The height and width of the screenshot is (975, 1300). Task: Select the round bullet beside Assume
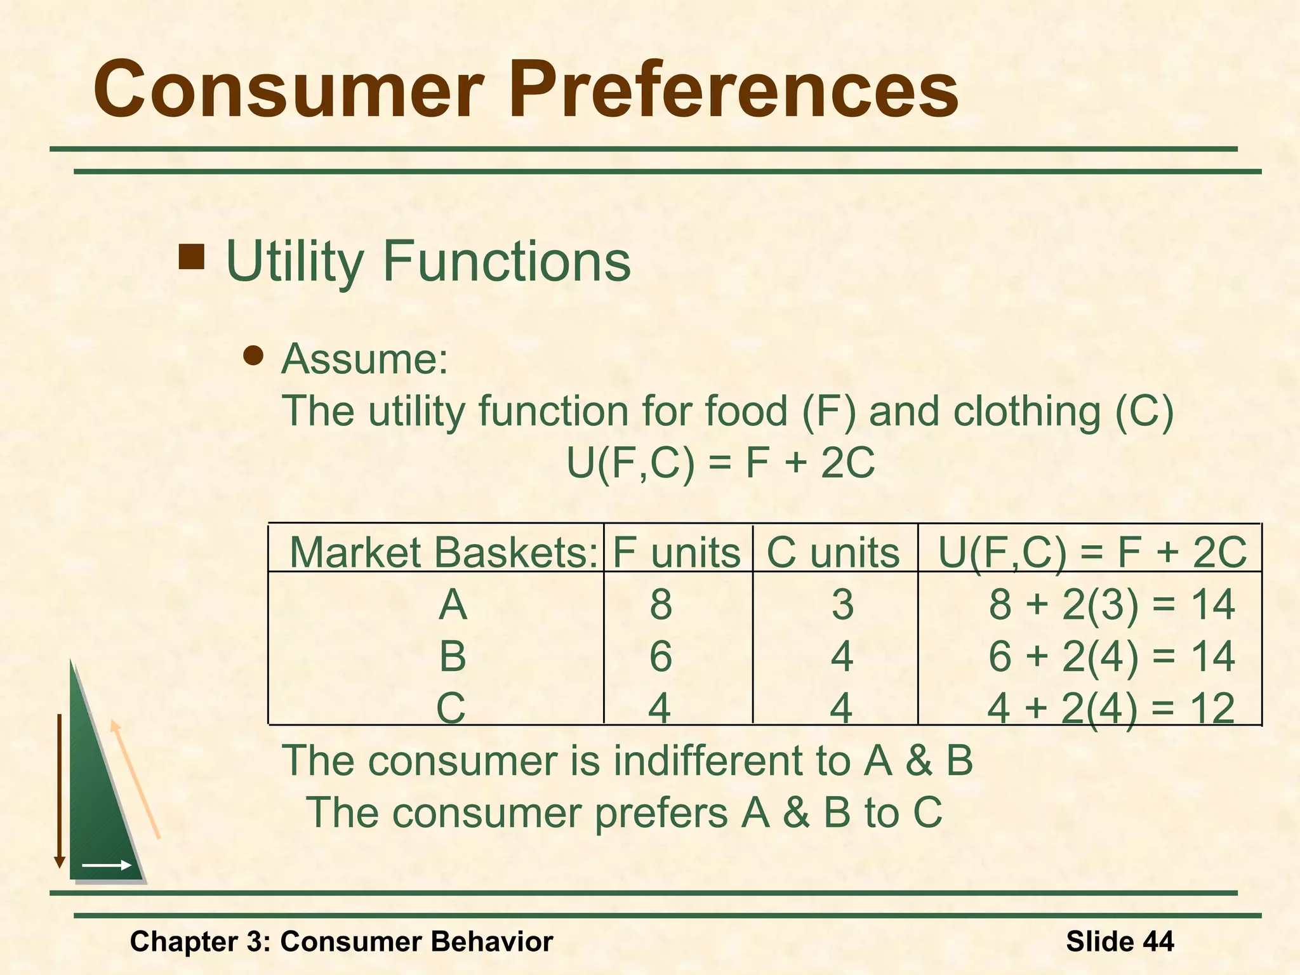[253, 356]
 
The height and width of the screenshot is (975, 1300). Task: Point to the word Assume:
[364, 359]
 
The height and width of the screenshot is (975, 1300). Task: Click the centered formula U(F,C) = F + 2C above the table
[720, 463]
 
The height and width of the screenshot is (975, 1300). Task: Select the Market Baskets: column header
[443, 552]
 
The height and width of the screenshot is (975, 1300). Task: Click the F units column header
[677, 552]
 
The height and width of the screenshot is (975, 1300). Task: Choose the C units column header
[833, 552]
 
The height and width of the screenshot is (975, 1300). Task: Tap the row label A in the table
[453, 604]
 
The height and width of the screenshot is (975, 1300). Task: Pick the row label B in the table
[453, 656]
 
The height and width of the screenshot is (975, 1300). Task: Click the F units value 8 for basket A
[661, 604]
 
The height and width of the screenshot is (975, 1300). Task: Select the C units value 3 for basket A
[842, 604]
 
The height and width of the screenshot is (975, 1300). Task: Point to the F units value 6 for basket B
[661, 656]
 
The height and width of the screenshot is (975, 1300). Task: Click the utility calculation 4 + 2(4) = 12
[1111, 708]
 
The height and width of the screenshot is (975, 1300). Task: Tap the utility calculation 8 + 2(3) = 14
[1111, 604]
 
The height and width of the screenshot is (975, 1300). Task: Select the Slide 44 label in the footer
[1120, 941]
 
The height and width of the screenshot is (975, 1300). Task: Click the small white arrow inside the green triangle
[107, 865]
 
